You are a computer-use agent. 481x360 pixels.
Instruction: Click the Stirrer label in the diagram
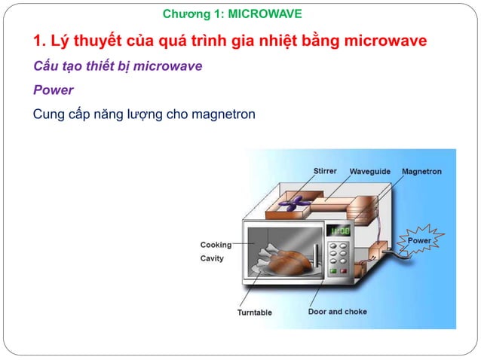[x=325, y=172]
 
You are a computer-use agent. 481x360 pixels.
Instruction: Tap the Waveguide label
[x=369, y=172]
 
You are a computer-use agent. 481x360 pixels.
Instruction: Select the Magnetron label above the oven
[x=421, y=172]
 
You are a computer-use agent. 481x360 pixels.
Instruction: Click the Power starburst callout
[x=419, y=240]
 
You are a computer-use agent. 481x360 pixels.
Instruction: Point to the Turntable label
[x=255, y=313]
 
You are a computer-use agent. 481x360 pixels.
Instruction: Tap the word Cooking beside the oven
[x=216, y=245]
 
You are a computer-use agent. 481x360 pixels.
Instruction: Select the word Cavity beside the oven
[x=212, y=258]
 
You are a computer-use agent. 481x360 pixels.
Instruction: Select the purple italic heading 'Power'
[x=53, y=90]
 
